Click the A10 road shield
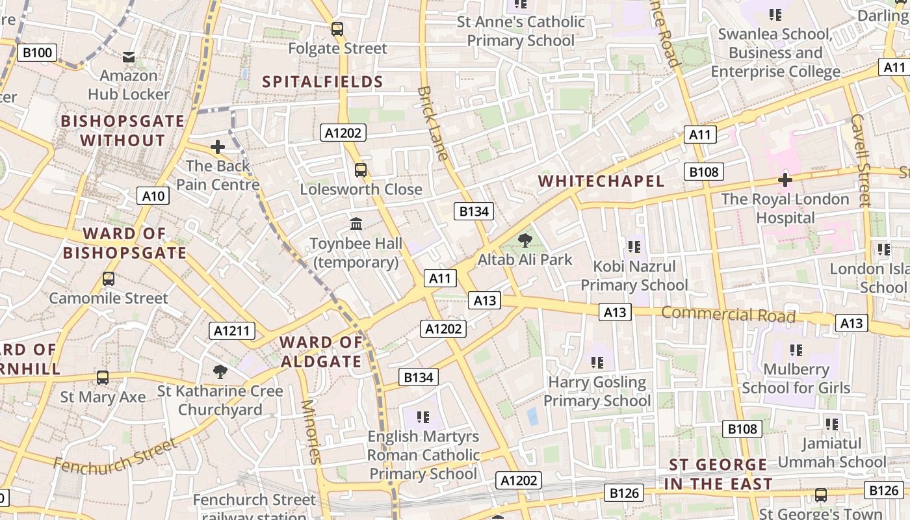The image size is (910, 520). tap(153, 196)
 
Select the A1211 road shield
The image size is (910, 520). tap(232, 331)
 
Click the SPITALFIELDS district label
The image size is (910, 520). tap(322, 82)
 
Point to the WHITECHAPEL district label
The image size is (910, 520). tap(602, 181)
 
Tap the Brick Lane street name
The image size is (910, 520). tap(433, 123)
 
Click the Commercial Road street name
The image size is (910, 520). tap(728, 315)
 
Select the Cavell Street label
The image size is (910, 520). tap(860, 160)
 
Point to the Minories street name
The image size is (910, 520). tap(311, 431)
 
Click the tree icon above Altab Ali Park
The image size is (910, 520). tap(525, 240)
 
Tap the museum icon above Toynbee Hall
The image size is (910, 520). tap(356, 224)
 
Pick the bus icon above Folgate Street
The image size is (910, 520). tap(337, 29)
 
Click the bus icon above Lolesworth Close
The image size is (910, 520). tap(361, 170)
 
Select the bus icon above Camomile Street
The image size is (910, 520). tap(109, 279)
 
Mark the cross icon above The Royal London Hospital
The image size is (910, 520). tap(785, 179)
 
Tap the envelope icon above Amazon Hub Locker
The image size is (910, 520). tap(129, 57)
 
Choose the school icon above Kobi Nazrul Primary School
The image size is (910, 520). tap(634, 247)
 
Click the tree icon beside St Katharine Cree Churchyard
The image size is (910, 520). tap(220, 372)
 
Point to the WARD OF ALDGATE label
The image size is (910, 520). tap(320, 352)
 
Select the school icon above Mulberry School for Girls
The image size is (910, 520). tap(796, 350)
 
